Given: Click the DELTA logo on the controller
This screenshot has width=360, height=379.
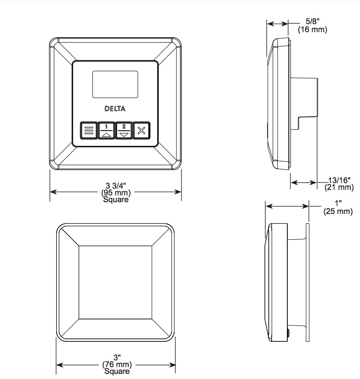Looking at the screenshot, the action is pos(115,109).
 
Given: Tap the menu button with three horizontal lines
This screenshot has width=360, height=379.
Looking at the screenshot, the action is pos(89,131).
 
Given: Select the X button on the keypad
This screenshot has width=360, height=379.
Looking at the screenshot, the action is pos(142,131).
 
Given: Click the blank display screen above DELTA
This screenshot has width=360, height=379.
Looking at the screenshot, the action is pos(115,84).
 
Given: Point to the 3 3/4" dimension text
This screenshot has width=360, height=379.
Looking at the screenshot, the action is pos(116,186).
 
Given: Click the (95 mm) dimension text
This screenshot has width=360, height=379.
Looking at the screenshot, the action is pos(116,193).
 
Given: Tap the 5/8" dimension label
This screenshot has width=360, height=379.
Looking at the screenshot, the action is pos(313,21).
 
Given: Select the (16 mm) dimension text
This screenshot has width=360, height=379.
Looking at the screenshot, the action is pos(312,30).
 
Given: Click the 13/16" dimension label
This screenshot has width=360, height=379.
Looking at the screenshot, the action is pos(339,180).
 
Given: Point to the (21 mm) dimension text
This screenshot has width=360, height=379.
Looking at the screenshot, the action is pos(339,187).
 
